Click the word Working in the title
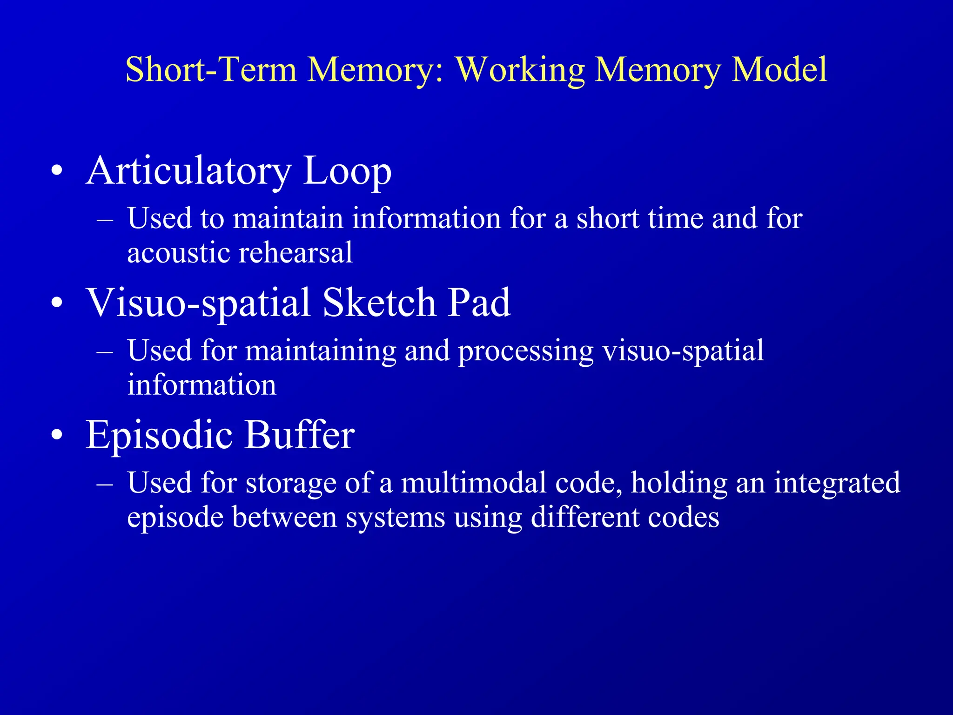point(520,70)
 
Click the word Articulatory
point(188,171)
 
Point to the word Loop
point(347,171)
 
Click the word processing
point(526,351)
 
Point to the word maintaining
point(321,351)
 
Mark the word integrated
point(837,484)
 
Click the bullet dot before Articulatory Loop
point(57,171)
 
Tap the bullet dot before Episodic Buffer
point(57,435)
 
